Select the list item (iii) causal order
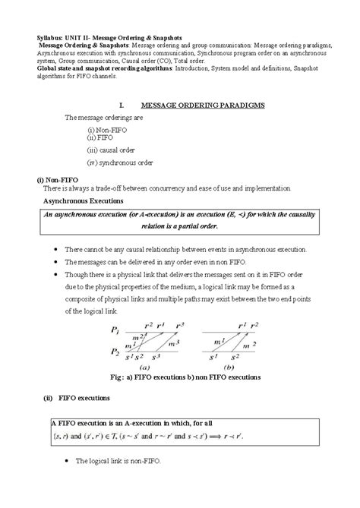pos(111,150)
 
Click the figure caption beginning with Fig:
pos(185,377)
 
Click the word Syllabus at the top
pos(30,36)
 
